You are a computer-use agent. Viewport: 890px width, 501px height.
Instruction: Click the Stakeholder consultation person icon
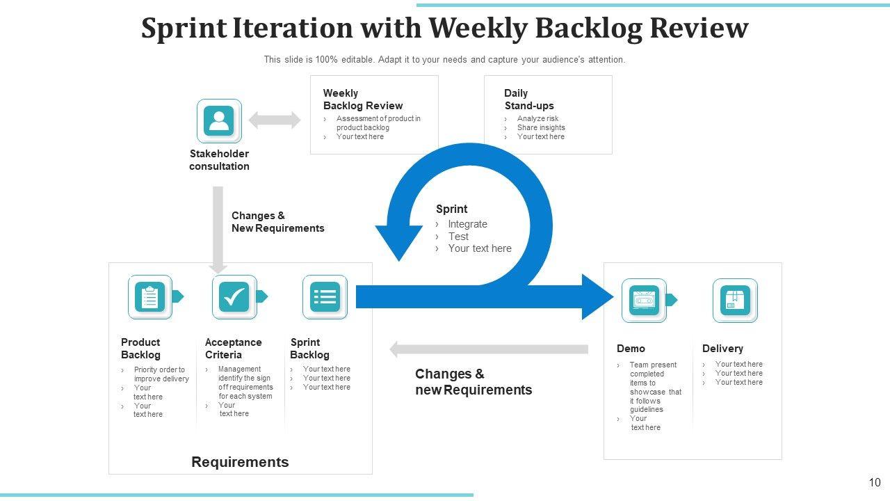219,121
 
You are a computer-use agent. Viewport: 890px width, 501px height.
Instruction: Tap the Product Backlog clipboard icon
149,297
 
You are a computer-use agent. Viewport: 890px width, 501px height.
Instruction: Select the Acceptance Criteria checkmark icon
234,297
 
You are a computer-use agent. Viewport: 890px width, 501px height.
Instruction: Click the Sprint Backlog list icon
325,297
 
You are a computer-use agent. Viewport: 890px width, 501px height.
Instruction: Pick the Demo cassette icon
644,301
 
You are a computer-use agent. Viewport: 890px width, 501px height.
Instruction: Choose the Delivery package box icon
735,301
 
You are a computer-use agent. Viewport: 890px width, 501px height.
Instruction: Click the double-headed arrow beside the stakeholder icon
275,120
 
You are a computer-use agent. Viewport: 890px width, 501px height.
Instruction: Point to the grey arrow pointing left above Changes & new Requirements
489,349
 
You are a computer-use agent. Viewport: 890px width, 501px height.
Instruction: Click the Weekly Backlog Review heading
363,100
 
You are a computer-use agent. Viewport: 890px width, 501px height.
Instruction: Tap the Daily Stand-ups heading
529,100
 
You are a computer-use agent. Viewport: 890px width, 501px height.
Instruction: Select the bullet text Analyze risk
537,118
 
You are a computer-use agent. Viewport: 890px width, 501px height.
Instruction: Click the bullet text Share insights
541,127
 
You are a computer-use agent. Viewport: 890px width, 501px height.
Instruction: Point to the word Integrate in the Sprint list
468,224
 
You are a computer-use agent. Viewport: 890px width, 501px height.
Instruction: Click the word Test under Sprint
458,237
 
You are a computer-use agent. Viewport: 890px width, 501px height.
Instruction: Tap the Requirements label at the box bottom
240,462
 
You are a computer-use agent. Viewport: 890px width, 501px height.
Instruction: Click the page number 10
875,482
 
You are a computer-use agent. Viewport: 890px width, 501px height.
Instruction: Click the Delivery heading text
722,349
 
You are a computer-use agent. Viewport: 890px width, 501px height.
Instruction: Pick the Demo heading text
631,349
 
